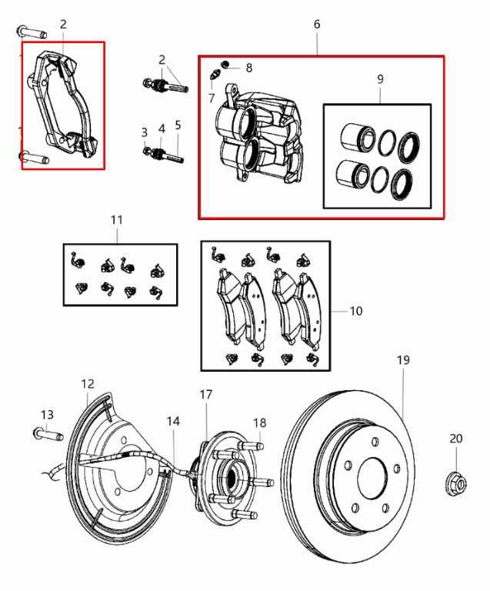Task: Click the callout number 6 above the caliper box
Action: (317, 25)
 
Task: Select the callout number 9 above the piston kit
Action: (380, 79)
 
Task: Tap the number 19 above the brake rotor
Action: (404, 359)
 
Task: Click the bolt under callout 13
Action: (48, 434)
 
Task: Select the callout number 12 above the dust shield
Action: (87, 383)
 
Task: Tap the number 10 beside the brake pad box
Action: (355, 312)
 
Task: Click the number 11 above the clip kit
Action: (116, 220)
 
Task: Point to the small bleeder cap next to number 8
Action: (226, 64)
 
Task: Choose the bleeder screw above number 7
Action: (215, 75)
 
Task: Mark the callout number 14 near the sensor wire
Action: (173, 421)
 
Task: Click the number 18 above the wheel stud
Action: (260, 422)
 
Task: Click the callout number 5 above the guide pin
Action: (178, 125)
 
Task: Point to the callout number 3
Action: (145, 132)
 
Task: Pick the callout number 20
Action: (456, 439)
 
